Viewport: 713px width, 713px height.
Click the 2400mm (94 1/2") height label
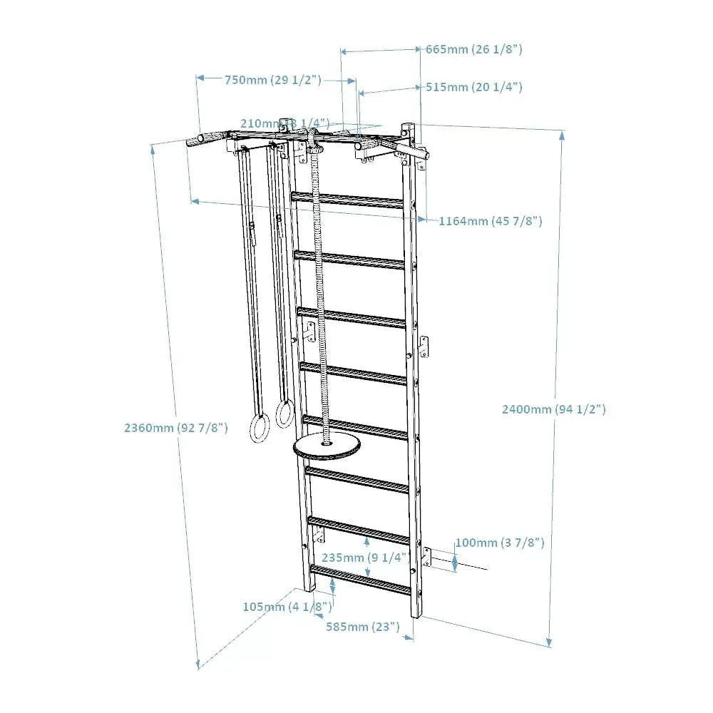(x=554, y=409)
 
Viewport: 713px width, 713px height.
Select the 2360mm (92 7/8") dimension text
(x=175, y=428)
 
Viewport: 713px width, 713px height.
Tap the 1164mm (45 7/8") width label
(x=490, y=221)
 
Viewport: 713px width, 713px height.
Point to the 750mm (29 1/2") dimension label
(x=273, y=80)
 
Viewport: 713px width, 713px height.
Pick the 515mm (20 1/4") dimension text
(x=474, y=87)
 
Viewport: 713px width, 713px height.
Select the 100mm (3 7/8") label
(x=500, y=543)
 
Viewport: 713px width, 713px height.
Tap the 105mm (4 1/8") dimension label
(x=287, y=607)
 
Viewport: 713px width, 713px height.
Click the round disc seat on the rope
(x=327, y=448)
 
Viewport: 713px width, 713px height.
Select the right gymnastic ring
(x=285, y=414)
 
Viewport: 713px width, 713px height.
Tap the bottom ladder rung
(x=360, y=579)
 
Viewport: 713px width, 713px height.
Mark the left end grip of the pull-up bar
(x=196, y=140)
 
